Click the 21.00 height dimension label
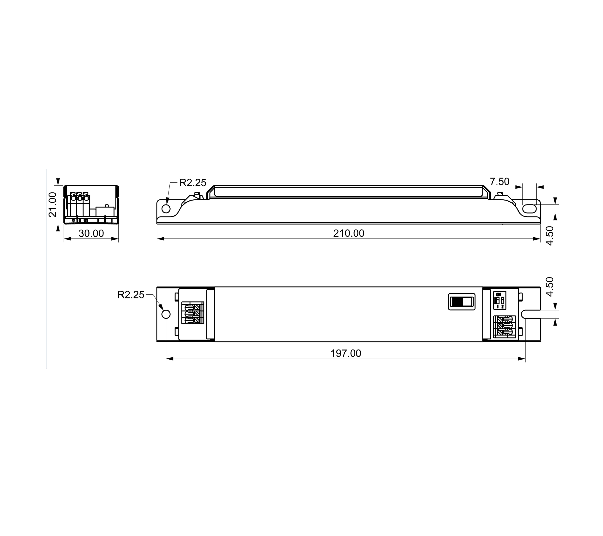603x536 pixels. click(53, 204)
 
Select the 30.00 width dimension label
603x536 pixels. click(91, 233)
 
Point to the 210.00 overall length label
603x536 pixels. click(349, 233)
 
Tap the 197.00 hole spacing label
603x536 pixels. click(346, 353)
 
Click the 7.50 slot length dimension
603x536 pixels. click(499, 181)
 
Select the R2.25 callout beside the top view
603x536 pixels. click(131, 295)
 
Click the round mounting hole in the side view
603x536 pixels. click(166, 209)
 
